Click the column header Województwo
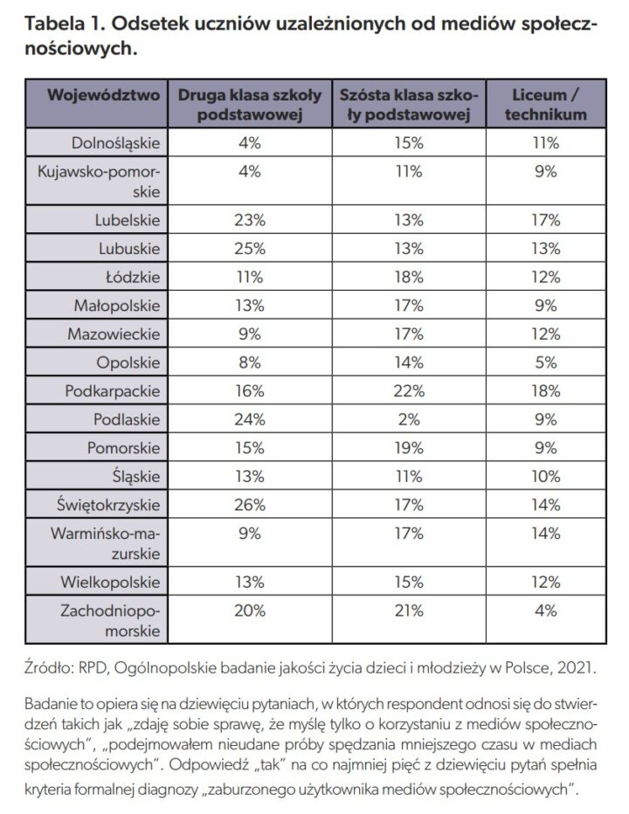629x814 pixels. tap(103, 95)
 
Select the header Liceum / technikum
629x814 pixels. tap(545, 104)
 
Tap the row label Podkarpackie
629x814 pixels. tap(112, 391)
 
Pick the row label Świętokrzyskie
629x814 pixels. tap(108, 505)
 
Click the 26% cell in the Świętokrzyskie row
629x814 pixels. tap(249, 505)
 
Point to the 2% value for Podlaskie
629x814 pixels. tap(409, 419)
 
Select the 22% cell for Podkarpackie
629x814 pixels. tap(409, 391)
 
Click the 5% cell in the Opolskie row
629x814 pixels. tap(546, 362)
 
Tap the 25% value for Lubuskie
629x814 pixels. tap(249, 249)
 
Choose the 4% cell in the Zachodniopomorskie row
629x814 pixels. tap(546, 610)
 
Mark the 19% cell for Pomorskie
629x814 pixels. tap(409, 448)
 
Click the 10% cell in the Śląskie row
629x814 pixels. tap(546, 477)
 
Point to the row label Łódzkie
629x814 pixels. tap(133, 277)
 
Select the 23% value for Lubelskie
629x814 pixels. tap(249, 220)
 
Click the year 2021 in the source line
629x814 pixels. tap(575, 667)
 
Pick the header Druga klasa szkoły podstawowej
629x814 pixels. tap(250, 104)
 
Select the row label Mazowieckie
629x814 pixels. tap(114, 334)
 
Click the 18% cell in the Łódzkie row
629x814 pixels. tap(409, 277)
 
